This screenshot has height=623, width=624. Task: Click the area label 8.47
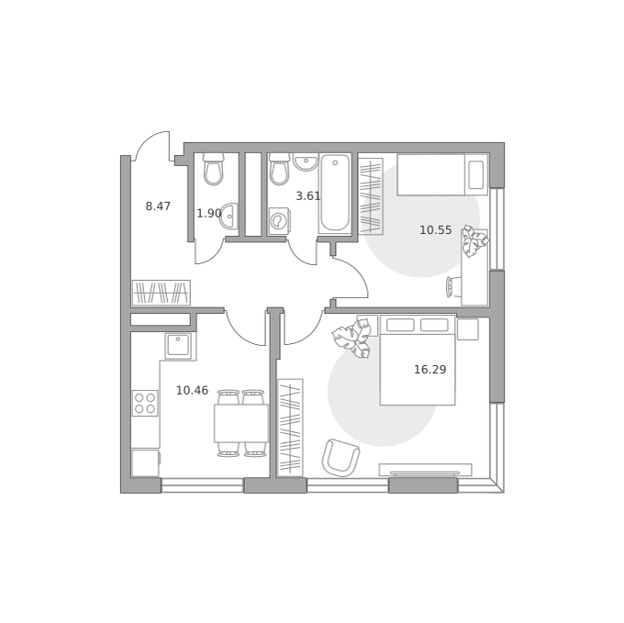pyautogui.click(x=158, y=206)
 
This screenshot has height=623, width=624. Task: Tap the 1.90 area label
pyautogui.click(x=209, y=213)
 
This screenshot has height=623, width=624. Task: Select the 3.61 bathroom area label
pyautogui.click(x=308, y=195)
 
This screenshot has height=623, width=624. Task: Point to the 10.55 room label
pyautogui.click(x=436, y=230)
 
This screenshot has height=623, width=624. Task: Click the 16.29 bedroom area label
pyautogui.click(x=430, y=370)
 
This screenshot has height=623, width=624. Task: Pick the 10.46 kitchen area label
pyautogui.click(x=192, y=391)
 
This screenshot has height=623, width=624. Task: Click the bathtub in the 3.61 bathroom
pyautogui.click(x=335, y=194)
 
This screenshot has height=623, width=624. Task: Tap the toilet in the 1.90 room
pyautogui.click(x=213, y=169)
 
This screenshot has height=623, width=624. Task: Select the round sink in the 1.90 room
pyautogui.click(x=229, y=216)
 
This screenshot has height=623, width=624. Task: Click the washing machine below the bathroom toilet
pyautogui.click(x=279, y=221)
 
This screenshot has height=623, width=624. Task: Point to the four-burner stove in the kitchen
pyautogui.click(x=145, y=403)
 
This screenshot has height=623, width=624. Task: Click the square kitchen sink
pyautogui.click(x=178, y=345)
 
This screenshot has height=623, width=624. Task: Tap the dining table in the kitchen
pyautogui.click(x=241, y=423)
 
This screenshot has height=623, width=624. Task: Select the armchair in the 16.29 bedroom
pyautogui.click(x=340, y=458)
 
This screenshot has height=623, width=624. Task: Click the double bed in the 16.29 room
pyautogui.click(x=418, y=360)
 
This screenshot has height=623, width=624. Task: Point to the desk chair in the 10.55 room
pyautogui.click(x=452, y=287)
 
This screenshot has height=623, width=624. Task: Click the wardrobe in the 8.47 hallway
pyautogui.click(x=162, y=293)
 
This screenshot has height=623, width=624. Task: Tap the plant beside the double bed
pyautogui.click(x=352, y=338)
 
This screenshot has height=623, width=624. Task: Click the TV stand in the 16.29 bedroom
pyautogui.click(x=426, y=470)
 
